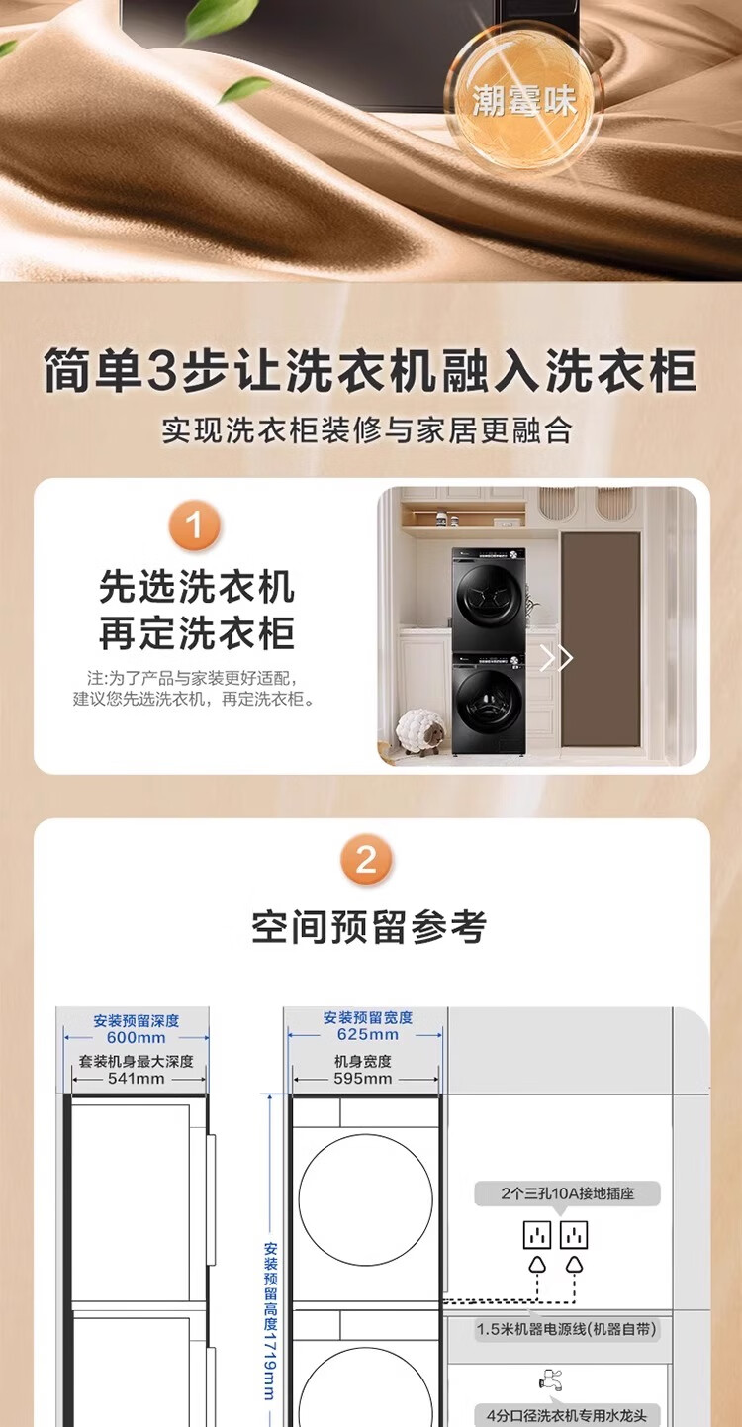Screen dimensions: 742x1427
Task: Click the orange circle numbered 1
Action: (194, 526)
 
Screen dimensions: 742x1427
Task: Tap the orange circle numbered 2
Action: (366, 860)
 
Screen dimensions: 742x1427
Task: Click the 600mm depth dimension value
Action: (136, 1037)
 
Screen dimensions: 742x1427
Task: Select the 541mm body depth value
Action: (136, 1078)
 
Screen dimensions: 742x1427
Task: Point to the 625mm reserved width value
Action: (367, 1034)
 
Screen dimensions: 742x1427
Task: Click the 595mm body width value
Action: (362, 1078)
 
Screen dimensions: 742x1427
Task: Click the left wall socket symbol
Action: (536, 1235)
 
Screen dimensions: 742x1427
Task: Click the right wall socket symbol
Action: (574, 1235)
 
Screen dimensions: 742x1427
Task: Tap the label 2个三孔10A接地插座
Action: (568, 1193)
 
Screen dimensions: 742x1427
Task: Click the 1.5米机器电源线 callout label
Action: (566, 1329)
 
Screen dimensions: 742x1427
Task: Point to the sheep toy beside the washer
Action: (421, 731)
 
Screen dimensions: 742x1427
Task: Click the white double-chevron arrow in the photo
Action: (556, 658)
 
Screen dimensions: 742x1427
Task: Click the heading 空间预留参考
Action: (369, 927)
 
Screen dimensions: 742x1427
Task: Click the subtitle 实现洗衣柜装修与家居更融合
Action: (366, 430)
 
